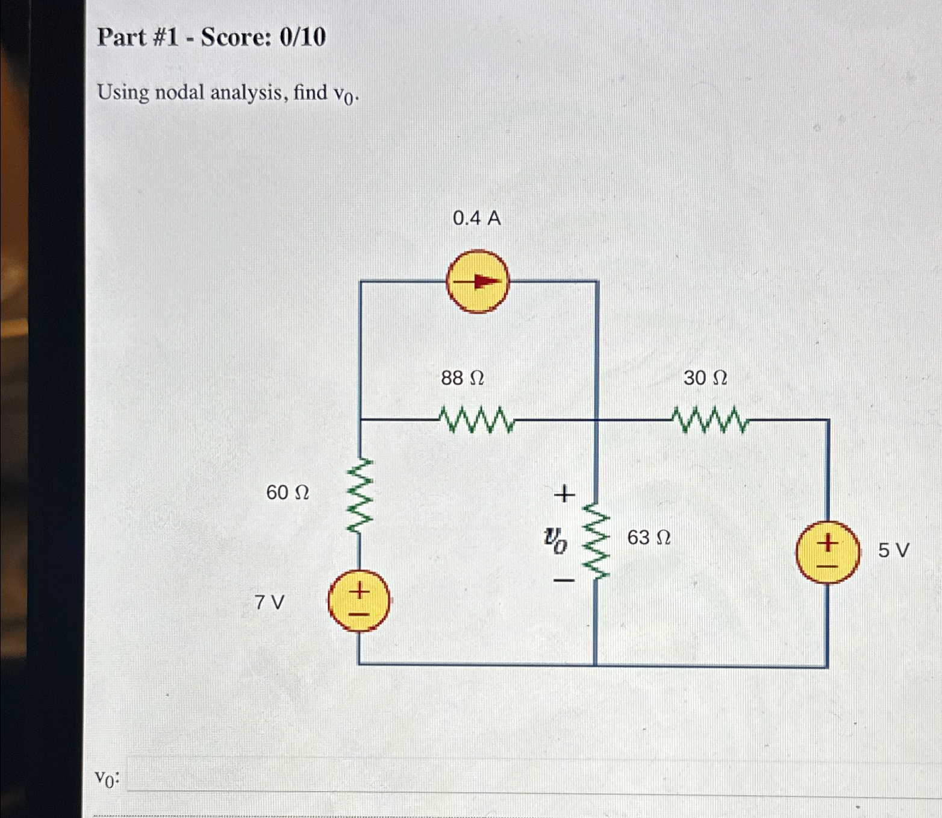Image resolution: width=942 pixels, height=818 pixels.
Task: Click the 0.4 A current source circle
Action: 477,282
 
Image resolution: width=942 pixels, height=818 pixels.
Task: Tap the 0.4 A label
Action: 476,218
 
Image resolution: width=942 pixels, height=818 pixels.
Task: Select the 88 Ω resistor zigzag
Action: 476,420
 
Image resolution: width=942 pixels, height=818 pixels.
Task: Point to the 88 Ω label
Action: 462,378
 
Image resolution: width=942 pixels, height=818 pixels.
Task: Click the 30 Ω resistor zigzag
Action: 710,420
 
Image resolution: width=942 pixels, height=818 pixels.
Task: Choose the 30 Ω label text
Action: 705,378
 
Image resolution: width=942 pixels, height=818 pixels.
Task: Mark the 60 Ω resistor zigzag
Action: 360,496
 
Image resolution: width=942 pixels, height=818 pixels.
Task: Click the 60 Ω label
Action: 287,492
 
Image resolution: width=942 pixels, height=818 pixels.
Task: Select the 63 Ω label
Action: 649,537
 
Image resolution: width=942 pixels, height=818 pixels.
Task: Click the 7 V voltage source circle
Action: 359,601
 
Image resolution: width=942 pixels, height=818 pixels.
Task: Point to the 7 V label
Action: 269,602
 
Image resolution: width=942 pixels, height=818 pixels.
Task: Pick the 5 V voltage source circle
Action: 827,552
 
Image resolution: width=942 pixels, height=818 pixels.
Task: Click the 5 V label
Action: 893,550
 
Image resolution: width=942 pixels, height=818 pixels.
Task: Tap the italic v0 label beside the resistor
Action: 555,539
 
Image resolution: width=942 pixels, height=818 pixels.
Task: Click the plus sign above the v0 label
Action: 564,494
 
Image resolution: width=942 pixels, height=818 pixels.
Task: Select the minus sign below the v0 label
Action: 564,580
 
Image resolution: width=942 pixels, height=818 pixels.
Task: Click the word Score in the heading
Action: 236,37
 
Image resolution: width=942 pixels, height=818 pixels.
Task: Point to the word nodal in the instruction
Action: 179,92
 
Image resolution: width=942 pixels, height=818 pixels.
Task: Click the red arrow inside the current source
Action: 481,282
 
